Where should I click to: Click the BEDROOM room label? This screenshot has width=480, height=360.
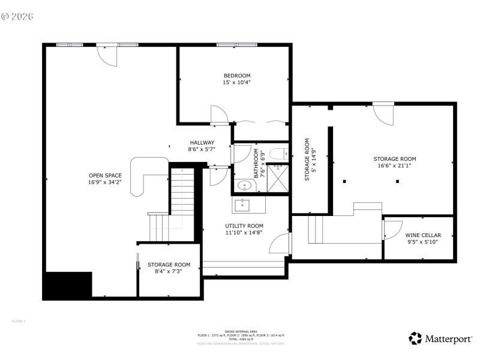tap(236, 76)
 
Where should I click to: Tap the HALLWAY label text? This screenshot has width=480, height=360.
tap(202, 143)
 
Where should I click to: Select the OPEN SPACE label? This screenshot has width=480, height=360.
tap(105, 175)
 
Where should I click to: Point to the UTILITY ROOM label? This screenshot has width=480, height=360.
tap(244, 226)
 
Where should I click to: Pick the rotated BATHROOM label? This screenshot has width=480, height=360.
tap(256, 164)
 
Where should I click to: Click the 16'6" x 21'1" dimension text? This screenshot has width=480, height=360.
tap(394, 166)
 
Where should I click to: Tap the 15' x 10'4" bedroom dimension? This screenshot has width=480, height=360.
tap(236, 82)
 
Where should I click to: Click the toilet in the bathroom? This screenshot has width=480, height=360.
tap(278, 153)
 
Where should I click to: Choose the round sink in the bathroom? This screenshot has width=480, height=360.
tap(244, 186)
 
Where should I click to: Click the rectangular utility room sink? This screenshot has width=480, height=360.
tap(243, 205)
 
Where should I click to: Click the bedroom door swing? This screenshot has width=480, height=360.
tap(219, 115)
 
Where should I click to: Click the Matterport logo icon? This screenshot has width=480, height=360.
tap(415, 338)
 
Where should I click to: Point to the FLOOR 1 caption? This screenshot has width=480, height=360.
tap(19, 321)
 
